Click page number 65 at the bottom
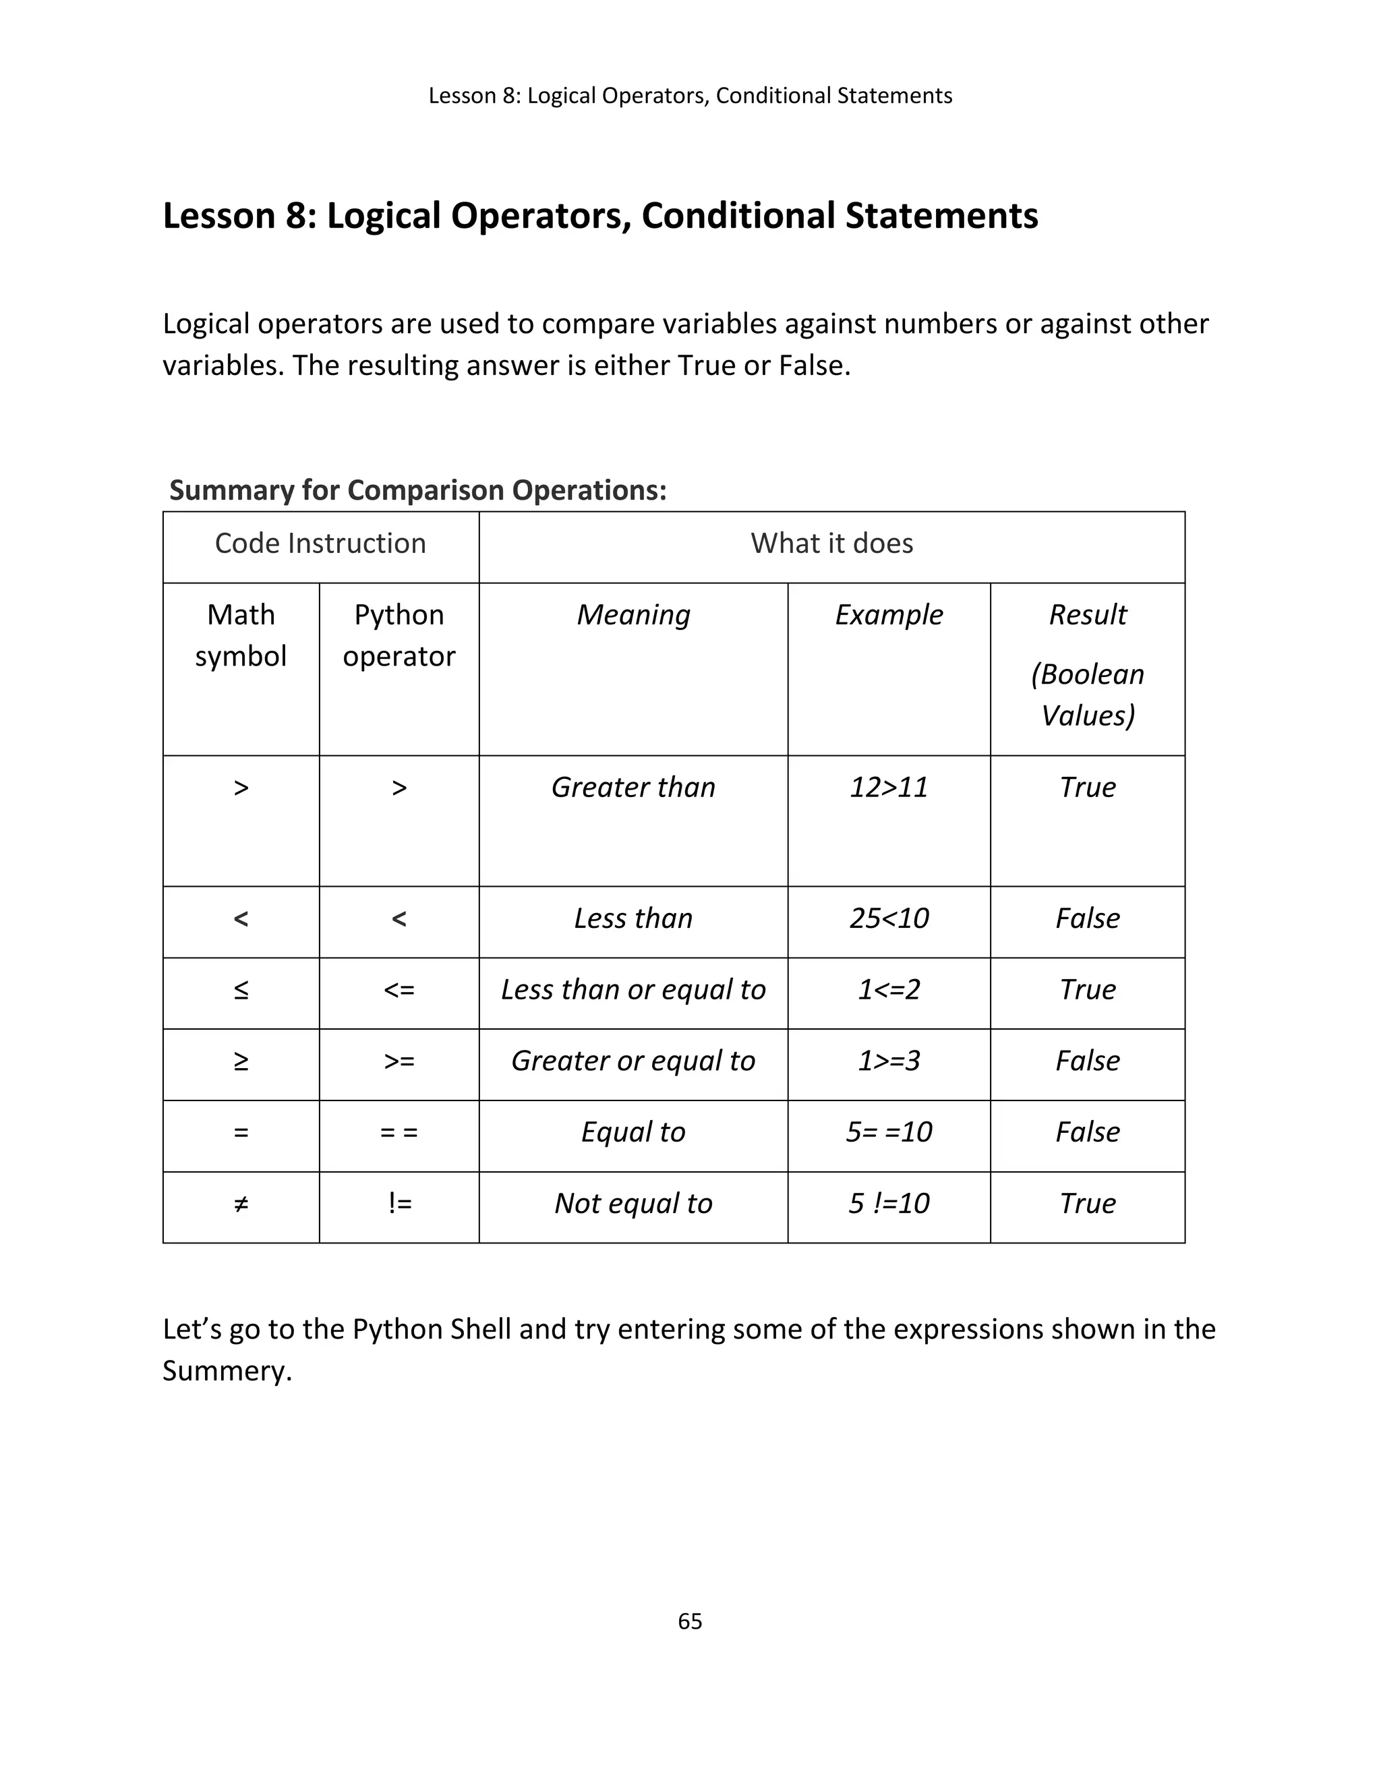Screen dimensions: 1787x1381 [x=690, y=1621]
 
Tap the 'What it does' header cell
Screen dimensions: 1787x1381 [x=831, y=544]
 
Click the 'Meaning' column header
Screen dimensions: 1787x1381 [x=633, y=614]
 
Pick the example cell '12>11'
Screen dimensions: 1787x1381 [x=889, y=787]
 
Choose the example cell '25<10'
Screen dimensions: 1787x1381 [x=889, y=918]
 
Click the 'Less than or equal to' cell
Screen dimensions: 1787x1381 [x=633, y=989]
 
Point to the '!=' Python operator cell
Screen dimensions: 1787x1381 [x=399, y=1203]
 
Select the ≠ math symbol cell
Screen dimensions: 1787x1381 [x=241, y=1203]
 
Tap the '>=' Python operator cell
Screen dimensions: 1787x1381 [x=399, y=1061]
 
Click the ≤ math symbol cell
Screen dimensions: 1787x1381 [x=241, y=989]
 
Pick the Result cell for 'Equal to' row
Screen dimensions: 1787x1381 [x=1087, y=1132]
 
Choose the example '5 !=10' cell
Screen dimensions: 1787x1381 [x=889, y=1203]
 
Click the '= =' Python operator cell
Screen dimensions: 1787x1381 [x=399, y=1132]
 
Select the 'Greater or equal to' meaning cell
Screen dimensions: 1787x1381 [x=633, y=1061]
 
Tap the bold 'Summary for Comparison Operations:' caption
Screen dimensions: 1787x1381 [x=418, y=490]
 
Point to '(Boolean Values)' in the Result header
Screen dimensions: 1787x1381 [x=1087, y=694]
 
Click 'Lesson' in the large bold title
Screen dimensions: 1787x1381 [x=218, y=216]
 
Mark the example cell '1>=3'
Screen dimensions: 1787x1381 [x=889, y=1061]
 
